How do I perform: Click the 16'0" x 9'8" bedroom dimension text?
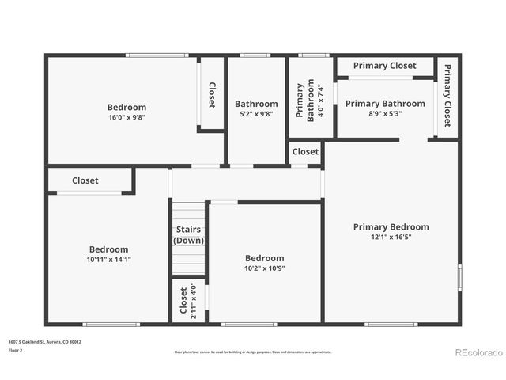(x=126, y=117)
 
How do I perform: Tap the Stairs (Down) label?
(x=188, y=235)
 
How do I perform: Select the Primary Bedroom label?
(x=391, y=226)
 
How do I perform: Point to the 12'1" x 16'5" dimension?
(x=391, y=237)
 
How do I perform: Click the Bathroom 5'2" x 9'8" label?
(x=256, y=108)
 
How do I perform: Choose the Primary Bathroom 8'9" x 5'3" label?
(x=385, y=108)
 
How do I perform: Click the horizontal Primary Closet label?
(x=384, y=66)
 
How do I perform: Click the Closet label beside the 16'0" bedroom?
(x=212, y=95)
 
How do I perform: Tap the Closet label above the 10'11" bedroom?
(x=85, y=180)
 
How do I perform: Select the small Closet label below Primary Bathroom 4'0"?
(x=305, y=151)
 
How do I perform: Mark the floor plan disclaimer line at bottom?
(x=252, y=351)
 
